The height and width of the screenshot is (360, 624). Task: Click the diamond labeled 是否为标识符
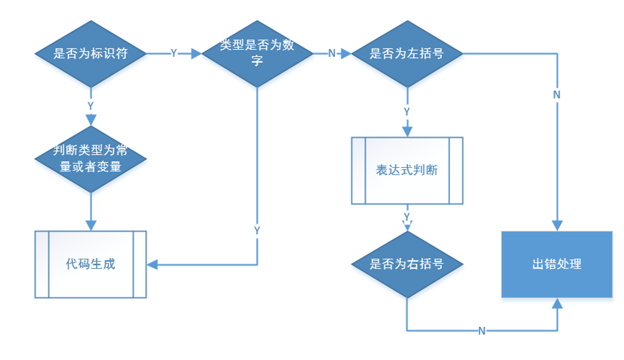[90, 54]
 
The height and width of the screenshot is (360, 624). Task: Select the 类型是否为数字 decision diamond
[257, 54]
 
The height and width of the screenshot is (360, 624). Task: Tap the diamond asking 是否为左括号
[407, 54]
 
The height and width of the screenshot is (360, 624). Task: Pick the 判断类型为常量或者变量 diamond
[90, 159]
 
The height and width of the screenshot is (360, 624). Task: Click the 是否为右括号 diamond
[407, 264]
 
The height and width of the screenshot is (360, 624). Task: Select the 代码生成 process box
[90, 264]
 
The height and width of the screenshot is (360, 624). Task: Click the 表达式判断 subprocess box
[407, 170]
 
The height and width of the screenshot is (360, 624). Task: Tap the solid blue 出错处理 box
[557, 264]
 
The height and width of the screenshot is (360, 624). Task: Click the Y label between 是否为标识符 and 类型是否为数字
[174, 54]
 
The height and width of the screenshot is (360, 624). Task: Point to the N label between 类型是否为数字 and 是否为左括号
[331, 54]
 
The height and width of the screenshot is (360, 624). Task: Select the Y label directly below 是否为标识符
[90, 105]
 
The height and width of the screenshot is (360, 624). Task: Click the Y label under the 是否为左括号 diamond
[407, 111]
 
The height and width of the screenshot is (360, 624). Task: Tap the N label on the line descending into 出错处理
[557, 94]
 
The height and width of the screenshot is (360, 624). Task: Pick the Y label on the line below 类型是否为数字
[257, 229]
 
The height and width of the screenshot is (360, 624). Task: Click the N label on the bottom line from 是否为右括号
[482, 331]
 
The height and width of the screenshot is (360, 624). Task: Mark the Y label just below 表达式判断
[407, 217]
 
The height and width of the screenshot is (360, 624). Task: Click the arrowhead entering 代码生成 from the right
[153, 264]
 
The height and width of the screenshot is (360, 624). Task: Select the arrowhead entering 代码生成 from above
[90, 225]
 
